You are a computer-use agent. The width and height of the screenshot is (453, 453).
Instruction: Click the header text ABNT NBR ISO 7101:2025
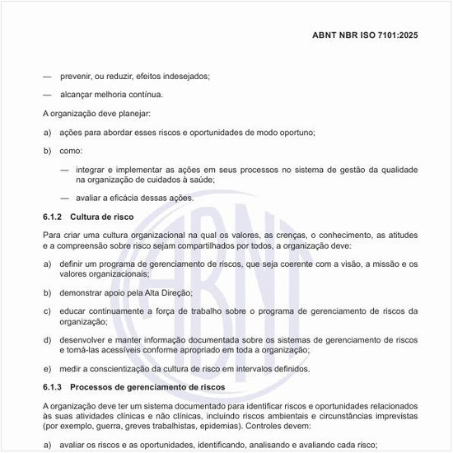coord(365,36)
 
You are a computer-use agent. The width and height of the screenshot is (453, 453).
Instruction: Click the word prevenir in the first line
coord(76,76)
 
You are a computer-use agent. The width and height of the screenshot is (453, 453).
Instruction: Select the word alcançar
coord(78,94)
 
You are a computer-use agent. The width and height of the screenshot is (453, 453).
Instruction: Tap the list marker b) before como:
coord(47,151)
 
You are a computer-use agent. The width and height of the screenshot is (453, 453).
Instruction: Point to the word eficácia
coord(124,198)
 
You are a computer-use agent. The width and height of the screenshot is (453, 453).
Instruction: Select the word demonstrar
coord(83,292)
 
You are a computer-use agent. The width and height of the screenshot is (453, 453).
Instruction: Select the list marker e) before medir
coord(47,368)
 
